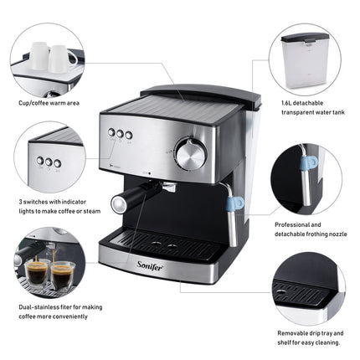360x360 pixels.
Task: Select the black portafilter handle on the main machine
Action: pos(126,200)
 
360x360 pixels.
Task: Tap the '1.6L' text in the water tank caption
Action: pos(286,104)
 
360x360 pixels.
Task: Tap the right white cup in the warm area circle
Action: pos(61,58)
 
